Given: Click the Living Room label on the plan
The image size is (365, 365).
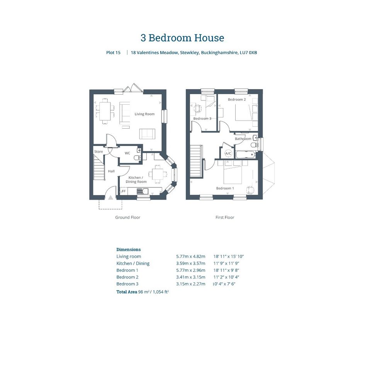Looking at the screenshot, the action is (x=144, y=114).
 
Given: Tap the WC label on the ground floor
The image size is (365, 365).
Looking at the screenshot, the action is (x=127, y=153).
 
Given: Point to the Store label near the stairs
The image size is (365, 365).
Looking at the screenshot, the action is (x=98, y=151).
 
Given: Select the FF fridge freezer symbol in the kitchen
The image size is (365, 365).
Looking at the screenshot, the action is (x=124, y=191).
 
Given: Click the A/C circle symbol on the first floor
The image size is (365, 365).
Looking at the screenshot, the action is (x=228, y=153).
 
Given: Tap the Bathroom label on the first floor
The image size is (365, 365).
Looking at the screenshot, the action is (x=243, y=139).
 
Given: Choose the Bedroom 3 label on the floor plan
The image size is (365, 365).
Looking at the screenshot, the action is (x=202, y=119).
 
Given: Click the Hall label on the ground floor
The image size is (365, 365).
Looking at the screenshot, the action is (x=111, y=171).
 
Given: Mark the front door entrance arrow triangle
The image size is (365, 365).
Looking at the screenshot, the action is (x=110, y=198).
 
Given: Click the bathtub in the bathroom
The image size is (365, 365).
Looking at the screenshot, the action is (x=246, y=154).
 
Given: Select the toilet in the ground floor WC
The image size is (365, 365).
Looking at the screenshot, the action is (x=138, y=158).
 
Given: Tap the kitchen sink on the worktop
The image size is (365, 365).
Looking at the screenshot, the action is (x=143, y=191).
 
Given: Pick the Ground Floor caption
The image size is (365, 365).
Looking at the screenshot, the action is (x=128, y=217).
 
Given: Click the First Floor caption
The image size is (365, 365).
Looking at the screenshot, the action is (x=225, y=217).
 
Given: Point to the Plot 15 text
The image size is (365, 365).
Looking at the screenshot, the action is (x=114, y=53).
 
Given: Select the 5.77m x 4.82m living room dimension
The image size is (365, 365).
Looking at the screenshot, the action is (x=191, y=256).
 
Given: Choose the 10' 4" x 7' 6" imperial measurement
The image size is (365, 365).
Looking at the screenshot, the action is (x=224, y=284).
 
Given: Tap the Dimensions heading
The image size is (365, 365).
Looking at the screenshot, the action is (x=129, y=250).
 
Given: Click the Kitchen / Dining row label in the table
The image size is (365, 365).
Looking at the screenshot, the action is (x=133, y=263).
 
